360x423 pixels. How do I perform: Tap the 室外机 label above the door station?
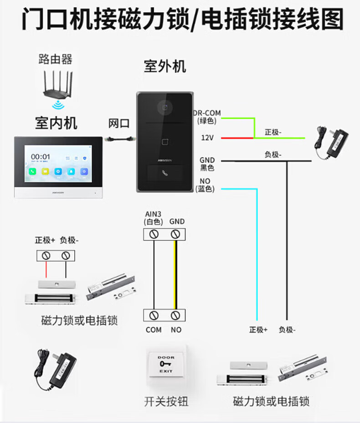coord(165,67)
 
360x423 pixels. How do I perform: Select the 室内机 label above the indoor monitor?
coord(56,123)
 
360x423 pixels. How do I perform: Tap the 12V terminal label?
coord(207,137)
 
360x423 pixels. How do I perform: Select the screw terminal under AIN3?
coord(154,234)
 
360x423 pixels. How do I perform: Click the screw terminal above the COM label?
coord(154,315)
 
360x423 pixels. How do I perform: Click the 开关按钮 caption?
coord(166,401)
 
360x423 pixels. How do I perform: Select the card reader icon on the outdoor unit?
coord(165,141)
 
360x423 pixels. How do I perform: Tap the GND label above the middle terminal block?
coord(177,222)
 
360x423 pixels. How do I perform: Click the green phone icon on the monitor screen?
coord(33,172)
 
